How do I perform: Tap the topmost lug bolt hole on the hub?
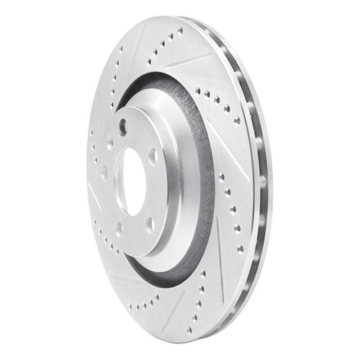[x=123, y=127]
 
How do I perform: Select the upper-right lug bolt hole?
[x=153, y=155]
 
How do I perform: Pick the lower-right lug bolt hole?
[x=149, y=225]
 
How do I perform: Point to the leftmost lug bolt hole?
[x=105, y=173]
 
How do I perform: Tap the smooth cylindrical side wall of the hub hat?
[x=180, y=180]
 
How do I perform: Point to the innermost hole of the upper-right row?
[x=197, y=91]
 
